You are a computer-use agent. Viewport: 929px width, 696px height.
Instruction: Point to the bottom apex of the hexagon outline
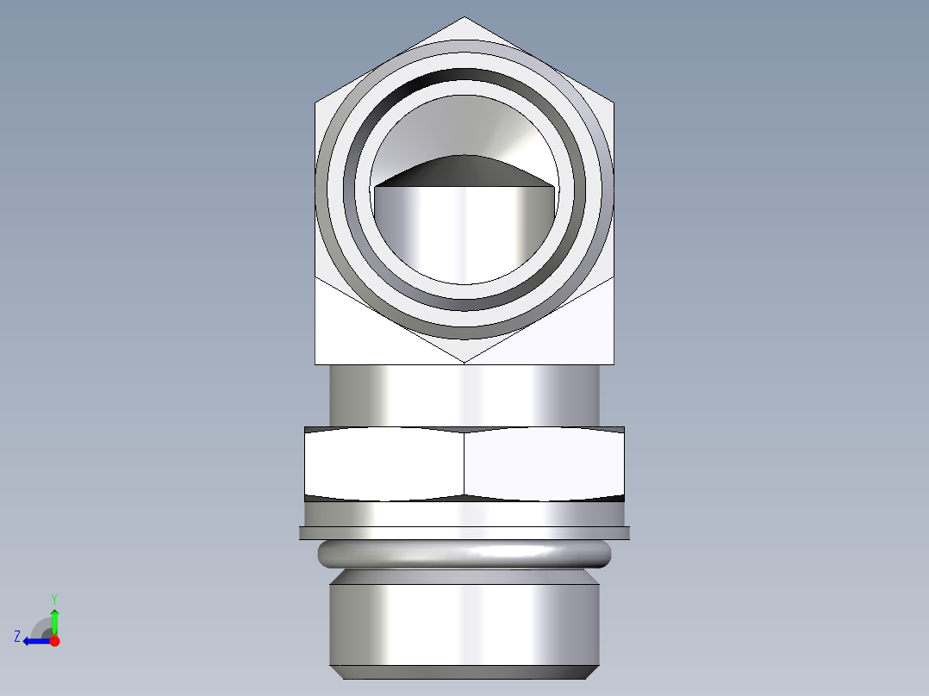pyautogui.click(x=464, y=361)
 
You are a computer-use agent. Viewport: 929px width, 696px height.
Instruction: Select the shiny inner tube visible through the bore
pyautogui.click(x=464, y=233)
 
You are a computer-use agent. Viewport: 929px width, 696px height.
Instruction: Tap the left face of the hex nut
pyautogui.click(x=384, y=463)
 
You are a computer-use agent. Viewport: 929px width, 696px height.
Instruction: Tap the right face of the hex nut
pyautogui.click(x=543, y=463)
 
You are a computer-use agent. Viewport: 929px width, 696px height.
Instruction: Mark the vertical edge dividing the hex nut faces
pyautogui.click(x=464, y=463)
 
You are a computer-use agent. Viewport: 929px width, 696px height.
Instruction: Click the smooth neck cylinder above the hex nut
pyautogui.click(x=464, y=395)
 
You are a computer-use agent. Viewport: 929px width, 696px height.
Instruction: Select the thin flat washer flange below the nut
pyautogui.click(x=464, y=533)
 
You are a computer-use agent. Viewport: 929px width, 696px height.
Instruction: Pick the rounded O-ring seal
pyautogui.click(x=464, y=554)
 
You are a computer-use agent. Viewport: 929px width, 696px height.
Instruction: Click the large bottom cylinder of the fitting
pyautogui.click(x=464, y=625)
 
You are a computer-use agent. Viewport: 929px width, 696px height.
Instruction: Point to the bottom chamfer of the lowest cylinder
pyautogui.click(x=464, y=672)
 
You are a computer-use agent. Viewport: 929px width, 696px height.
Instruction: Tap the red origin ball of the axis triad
pyautogui.click(x=54, y=641)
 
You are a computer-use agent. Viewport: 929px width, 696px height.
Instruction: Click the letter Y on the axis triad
pyautogui.click(x=53, y=598)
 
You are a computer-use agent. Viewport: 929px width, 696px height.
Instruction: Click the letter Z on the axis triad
pyautogui.click(x=17, y=637)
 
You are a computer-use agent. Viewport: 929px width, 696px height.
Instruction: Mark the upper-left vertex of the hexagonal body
pyautogui.click(x=315, y=103)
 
